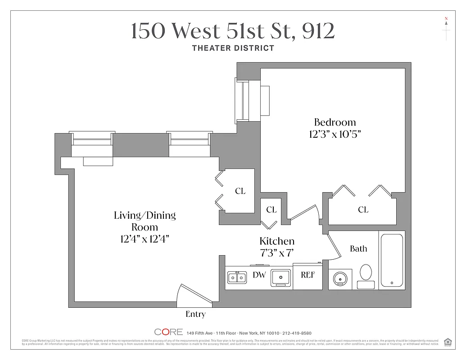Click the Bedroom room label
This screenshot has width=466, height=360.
click(x=335, y=122)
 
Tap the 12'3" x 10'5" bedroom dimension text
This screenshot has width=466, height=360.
click(x=335, y=134)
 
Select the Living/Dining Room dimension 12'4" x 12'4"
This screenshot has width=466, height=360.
click(x=145, y=239)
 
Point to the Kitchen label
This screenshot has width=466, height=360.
click(x=277, y=241)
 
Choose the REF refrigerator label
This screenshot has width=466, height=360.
click(x=308, y=275)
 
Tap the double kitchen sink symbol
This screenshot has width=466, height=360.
click(x=236, y=277)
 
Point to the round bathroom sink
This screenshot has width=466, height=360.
click(x=341, y=279)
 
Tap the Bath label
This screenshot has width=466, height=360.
click(x=358, y=248)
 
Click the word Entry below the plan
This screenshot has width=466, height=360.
click(x=195, y=314)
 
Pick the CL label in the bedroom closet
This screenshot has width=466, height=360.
click(x=363, y=210)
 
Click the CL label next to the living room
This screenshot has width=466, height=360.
click(x=240, y=191)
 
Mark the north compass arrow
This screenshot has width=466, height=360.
click(x=446, y=25)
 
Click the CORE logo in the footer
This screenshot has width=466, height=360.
click(x=169, y=332)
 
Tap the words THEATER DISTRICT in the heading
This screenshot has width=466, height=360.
click(x=233, y=48)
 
